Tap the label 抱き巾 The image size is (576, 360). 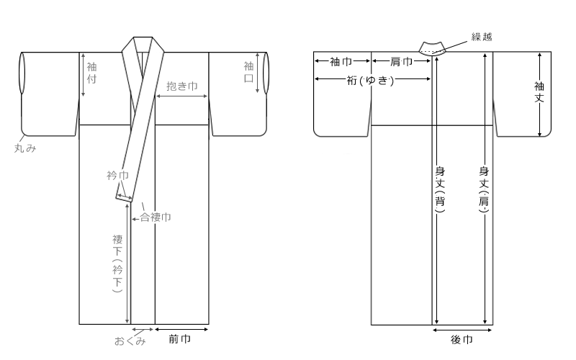[x=182, y=85]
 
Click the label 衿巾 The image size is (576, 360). [x=117, y=174]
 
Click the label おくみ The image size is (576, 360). [x=130, y=341]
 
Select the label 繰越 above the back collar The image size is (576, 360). [x=482, y=37]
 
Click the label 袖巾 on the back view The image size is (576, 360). [x=340, y=62]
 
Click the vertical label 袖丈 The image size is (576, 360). [x=539, y=91]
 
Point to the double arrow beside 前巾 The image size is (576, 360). [x=183, y=330]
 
